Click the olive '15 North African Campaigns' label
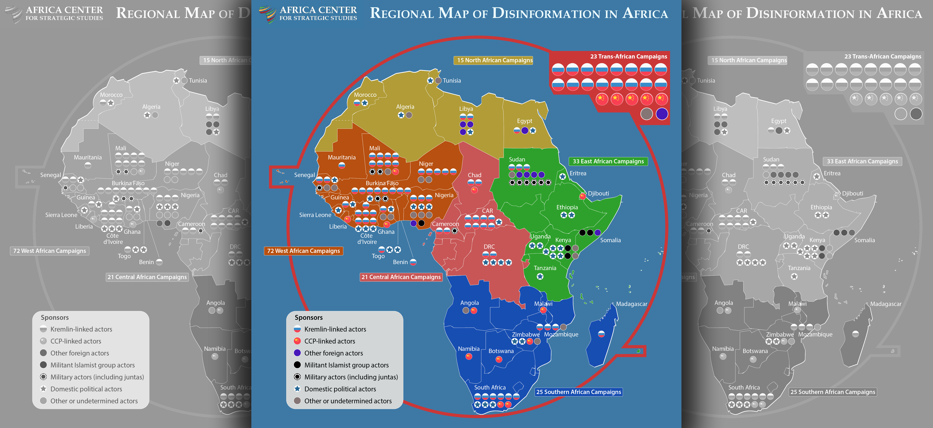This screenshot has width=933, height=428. [x=495, y=60]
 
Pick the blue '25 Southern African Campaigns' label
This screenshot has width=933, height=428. [x=578, y=392]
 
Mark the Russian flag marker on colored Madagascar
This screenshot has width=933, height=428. [x=601, y=334]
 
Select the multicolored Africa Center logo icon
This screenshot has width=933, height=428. [x=267, y=14]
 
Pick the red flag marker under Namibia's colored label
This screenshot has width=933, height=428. [x=469, y=357]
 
